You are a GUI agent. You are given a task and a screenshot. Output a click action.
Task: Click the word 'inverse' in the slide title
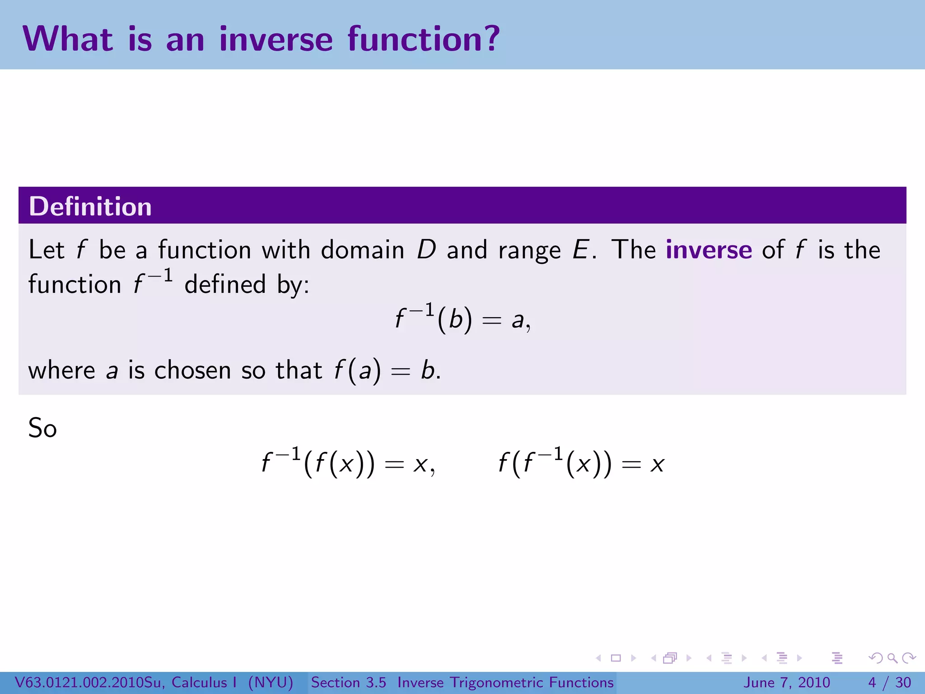click(x=276, y=39)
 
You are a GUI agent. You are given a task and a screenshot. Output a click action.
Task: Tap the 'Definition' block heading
click(x=90, y=206)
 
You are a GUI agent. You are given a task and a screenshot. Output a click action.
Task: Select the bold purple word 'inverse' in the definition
click(x=709, y=249)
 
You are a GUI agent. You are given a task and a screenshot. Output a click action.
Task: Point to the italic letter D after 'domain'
click(x=426, y=250)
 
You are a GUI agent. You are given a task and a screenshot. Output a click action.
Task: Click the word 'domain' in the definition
click(x=362, y=250)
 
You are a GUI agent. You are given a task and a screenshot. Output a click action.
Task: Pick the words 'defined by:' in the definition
click(x=247, y=285)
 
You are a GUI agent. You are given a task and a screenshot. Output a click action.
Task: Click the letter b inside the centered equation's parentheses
click(x=455, y=319)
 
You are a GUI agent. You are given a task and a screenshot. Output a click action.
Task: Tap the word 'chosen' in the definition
click(x=193, y=370)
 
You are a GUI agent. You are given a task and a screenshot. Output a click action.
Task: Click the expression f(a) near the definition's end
click(x=357, y=370)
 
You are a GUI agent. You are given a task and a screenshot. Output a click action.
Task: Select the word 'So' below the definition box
click(x=42, y=428)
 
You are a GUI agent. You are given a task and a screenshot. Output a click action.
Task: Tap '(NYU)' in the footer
click(x=271, y=682)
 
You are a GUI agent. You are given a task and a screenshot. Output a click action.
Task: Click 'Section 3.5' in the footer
click(x=348, y=682)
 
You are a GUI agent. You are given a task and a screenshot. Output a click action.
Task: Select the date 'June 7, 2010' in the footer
click(x=786, y=682)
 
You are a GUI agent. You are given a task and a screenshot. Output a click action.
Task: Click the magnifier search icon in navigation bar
click(x=892, y=658)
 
